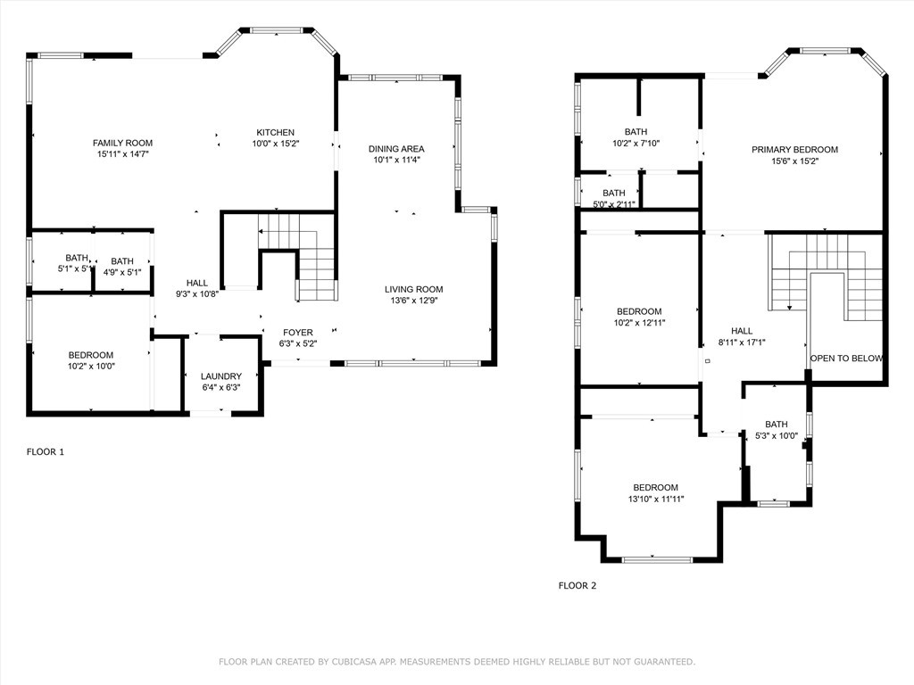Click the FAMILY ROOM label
pyautogui.click(x=122, y=143)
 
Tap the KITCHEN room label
pyautogui.click(x=276, y=132)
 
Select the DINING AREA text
pyautogui.click(x=396, y=149)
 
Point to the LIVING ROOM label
pyautogui.click(x=414, y=289)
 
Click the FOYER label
pyautogui.click(x=298, y=333)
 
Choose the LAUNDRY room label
pyautogui.click(x=221, y=376)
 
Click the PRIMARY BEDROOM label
pyautogui.click(x=794, y=150)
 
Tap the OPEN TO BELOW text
pyautogui.click(x=846, y=359)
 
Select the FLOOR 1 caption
pyautogui.click(x=46, y=451)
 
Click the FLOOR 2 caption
pyautogui.click(x=577, y=585)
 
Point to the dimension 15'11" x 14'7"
pyautogui.click(x=123, y=154)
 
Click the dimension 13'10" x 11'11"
pyautogui.click(x=656, y=499)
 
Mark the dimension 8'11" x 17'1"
pyautogui.click(x=742, y=342)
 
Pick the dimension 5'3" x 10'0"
pyautogui.click(x=777, y=435)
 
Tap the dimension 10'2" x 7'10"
pyautogui.click(x=636, y=144)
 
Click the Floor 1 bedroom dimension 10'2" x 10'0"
pyautogui.click(x=91, y=367)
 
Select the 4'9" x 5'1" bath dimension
pyautogui.click(x=122, y=272)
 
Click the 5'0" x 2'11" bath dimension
pyautogui.click(x=614, y=204)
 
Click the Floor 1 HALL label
pyautogui.click(x=197, y=283)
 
